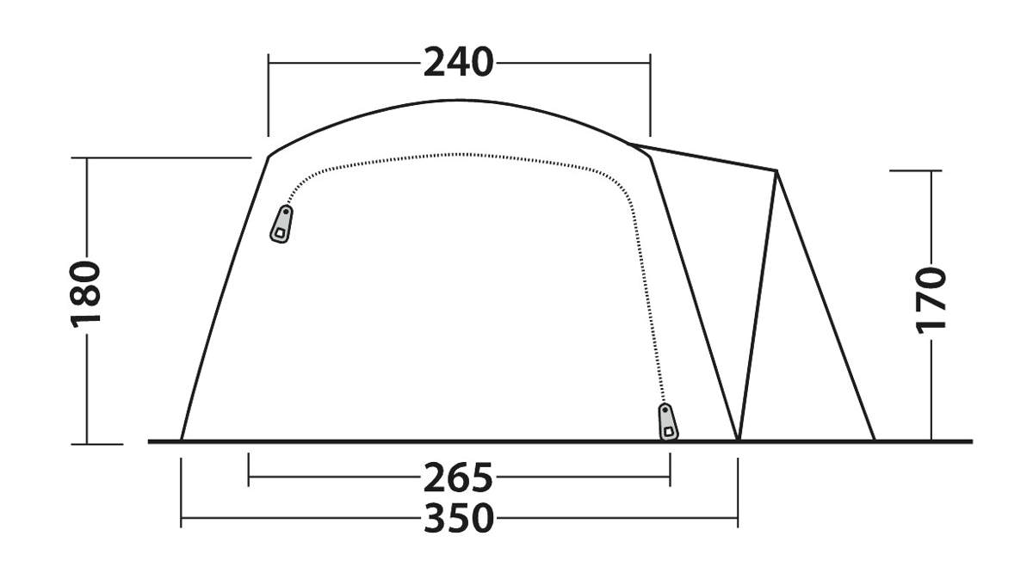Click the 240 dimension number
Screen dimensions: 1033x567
tap(458, 62)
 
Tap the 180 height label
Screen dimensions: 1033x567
tap(86, 294)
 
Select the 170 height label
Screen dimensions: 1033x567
tap(931, 299)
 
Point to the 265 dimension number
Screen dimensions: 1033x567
tap(458, 478)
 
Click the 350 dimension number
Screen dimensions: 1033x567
tap(458, 518)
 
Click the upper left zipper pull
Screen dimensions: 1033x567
tap(281, 224)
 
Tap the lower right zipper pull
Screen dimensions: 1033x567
tap(668, 422)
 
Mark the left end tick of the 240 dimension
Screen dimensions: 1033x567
tap(269, 96)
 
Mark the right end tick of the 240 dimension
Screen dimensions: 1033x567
tap(650, 96)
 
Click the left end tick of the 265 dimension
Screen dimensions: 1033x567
tap(249, 470)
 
